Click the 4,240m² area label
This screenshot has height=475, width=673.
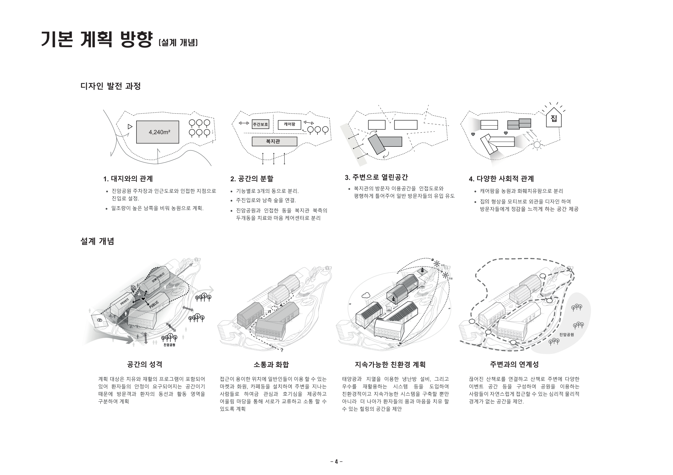coord(159,132)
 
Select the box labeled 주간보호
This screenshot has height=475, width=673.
coord(260,124)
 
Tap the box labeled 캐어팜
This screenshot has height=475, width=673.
coord(289,124)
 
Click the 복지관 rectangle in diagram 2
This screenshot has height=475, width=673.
coord(274,141)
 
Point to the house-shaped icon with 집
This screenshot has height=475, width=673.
coord(554,118)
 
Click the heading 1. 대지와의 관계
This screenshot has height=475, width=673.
coord(128,179)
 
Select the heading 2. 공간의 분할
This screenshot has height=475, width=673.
coord(252,179)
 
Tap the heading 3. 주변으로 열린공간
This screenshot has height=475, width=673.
coord(376,177)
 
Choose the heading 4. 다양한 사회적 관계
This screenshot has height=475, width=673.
coord(501,179)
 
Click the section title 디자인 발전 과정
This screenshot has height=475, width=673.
coord(111,86)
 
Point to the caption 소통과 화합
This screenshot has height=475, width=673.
coord(271,365)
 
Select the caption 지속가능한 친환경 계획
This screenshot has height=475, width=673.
coord(390,365)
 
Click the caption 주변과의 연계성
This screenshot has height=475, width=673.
coord(514,364)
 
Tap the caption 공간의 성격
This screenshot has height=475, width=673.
coord(144,364)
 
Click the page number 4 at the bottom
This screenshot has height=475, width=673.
coord(336,461)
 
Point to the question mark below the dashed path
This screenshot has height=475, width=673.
coord(282,350)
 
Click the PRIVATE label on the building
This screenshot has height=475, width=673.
coord(125,302)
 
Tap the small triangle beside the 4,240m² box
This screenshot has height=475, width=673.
coord(130,127)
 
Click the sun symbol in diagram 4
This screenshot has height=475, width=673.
coord(537,144)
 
